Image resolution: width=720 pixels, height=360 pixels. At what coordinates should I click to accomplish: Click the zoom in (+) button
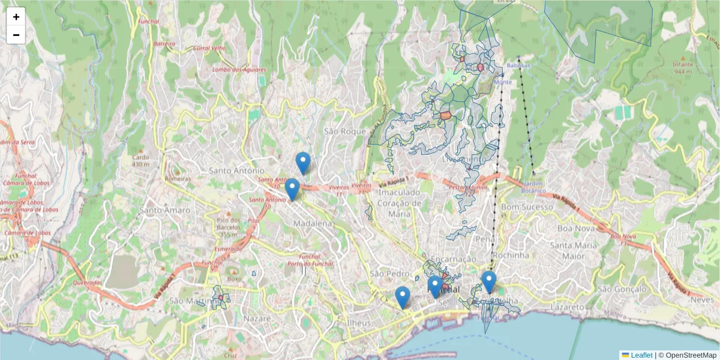(x=16, y=17)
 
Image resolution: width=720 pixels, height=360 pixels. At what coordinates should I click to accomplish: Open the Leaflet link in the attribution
(x=641, y=355)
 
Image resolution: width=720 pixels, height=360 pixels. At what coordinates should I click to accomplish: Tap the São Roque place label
(x=344, y=131)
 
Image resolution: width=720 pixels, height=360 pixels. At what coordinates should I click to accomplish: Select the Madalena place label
(x=313, y=223)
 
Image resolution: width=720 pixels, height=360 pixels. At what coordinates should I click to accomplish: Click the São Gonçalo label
(x=622, y=289)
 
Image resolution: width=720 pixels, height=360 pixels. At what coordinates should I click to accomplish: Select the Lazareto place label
(x=567, y=307)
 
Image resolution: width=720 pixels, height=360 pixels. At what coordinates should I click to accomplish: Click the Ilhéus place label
(x=359, y=322)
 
